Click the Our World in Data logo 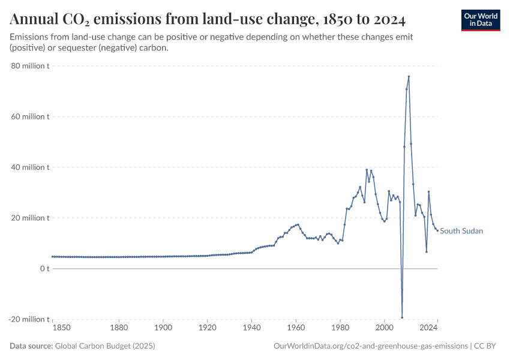[x=481, y=20]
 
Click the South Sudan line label [x=461, y=231]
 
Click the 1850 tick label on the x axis [x=62, y=328]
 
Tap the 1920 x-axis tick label [x=207, y=328]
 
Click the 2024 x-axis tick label [x=428, y=328]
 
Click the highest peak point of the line [x=409, y=76]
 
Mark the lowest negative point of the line [x=402, y=317]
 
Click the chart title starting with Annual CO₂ [x=208, y=20]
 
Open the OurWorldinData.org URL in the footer [x=370, y=346]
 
